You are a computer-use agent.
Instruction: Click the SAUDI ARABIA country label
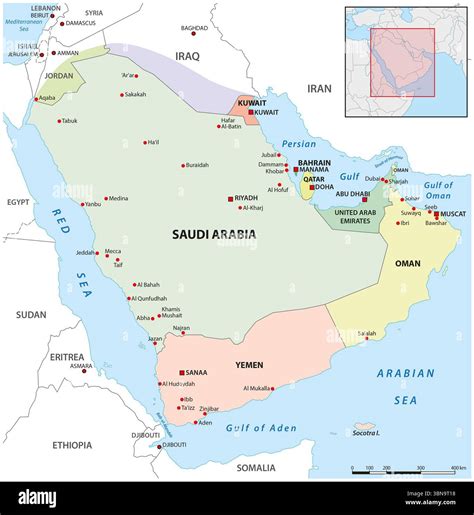(x=213, y=234)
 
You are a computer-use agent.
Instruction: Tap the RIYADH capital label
(x=245, y=198)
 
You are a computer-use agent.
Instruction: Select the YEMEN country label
(x=249, y=365)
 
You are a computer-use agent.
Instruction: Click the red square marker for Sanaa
(x=182, y=373)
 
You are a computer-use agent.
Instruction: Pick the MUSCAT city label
(x=453, y=213)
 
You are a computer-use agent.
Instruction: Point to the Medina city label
(x=118, y=198)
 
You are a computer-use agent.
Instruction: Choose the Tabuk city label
(x=68, y=121)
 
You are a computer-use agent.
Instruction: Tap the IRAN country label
(x=318, y=88)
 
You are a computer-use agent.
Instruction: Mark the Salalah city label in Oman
(x=368, y=332)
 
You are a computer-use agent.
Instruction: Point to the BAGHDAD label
(x=196, y=28)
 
